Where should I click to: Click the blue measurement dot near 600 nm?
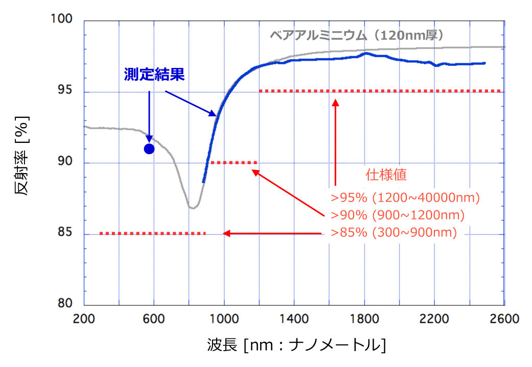tap(149, 149)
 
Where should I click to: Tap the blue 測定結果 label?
tap(154, 75)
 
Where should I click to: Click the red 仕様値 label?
tap(386, 175)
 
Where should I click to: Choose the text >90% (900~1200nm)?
tap(398, 215)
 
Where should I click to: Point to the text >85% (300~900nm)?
tap(394, 232)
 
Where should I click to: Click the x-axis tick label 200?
tap(84, 320)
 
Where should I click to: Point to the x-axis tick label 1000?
tap(224, 320)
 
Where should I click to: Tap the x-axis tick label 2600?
tap(504, 320)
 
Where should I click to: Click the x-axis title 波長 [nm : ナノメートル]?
tap(296, 346)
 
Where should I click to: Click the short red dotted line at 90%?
tap(234, 163)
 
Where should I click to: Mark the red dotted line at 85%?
tap(152, 233)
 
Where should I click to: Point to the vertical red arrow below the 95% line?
tap(336, 143)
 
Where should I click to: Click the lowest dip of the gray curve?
tap(192, 208)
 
